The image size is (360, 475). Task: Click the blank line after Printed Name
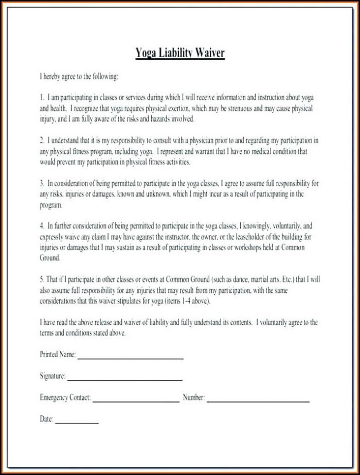[x=130, y=357]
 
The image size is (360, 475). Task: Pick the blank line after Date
[x=77, y=423]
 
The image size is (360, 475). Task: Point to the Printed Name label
[x=58, y=355]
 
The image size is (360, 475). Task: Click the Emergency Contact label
[x=65, y=398]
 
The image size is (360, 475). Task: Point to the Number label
[x=194, y=398]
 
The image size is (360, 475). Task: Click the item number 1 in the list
[x=42, y=97]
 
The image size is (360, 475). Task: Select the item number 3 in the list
[x=42, y=183]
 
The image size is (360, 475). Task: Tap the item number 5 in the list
[x=42, y=279]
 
